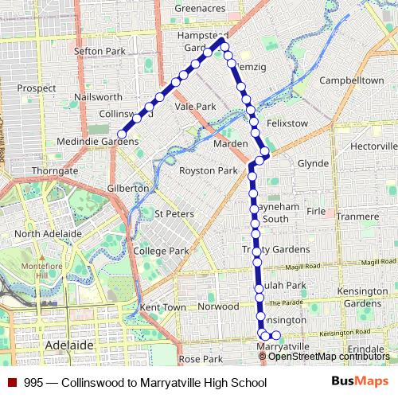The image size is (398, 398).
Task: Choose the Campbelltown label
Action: [351, 81]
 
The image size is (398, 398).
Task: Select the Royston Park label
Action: [208, 170]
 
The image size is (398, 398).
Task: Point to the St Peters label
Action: [174, 213]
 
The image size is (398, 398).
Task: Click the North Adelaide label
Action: [48, 233]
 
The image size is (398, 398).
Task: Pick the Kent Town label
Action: [162, 306]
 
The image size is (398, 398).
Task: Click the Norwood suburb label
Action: [218, 306]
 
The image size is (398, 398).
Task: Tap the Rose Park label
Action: [201, 359]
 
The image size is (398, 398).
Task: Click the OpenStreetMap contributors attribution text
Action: [329, 356]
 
